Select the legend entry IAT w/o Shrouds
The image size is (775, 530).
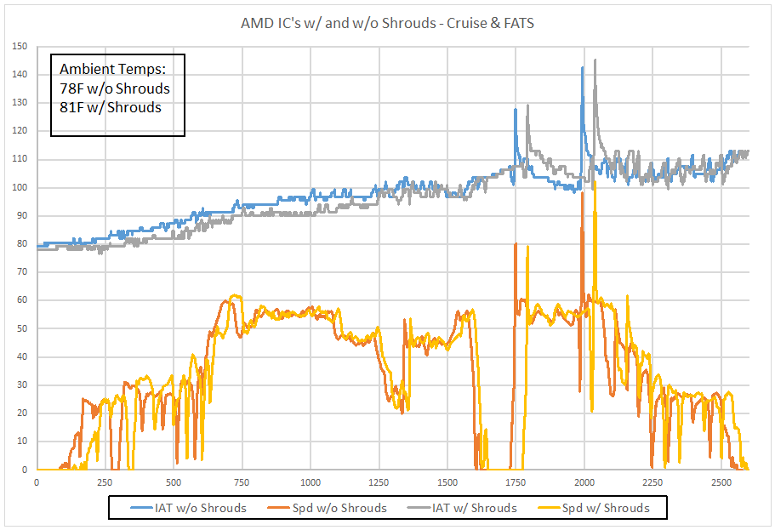click(201, 508)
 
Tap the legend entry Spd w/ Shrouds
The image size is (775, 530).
click(605, 508)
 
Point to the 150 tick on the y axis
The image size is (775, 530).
click(20, 46)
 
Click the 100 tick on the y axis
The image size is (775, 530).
click(20, 187)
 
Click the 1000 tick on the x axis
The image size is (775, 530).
click(310, 482)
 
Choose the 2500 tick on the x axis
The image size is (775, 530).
click(721, 482)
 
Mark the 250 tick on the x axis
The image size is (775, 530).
click(105, 482)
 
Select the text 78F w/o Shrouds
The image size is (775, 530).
click(115, 88)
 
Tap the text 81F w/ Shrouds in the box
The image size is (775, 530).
click(111, 107)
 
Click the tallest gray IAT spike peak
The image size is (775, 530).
click(595, 60)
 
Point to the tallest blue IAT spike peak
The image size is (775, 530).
click(583, 67)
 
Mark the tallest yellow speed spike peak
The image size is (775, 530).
click(595, 181)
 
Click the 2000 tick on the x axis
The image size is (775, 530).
click(584, 482)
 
